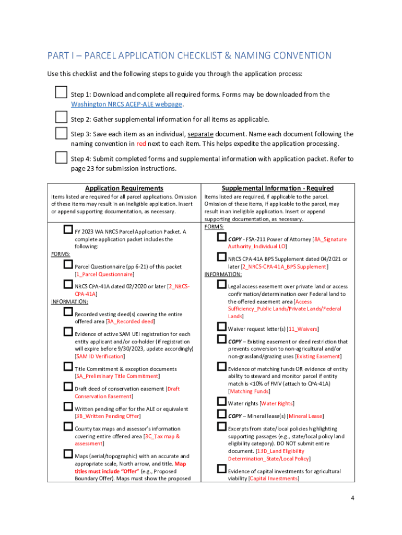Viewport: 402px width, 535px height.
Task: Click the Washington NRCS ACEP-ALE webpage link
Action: [x=126, y=104]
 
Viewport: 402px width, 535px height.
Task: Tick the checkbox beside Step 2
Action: [x=61, y=116]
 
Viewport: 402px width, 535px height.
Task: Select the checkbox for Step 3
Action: [x=61, y=133]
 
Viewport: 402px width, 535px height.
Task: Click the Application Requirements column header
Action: [x=124, y=188]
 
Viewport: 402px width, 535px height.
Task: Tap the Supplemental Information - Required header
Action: [x=277, y=188]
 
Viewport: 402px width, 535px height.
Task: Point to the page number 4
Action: [x=353, y=498]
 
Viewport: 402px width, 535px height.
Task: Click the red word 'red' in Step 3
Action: [x=141, y=143]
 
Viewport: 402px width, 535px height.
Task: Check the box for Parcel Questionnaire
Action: [x=68, y=265]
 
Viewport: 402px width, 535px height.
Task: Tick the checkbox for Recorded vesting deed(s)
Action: [x=68, y=312]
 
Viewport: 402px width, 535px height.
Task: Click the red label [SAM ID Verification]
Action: [x=100, y=356]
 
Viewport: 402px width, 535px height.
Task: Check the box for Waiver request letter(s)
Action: [x=221, y=327]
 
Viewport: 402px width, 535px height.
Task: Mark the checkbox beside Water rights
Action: [x=221, y=402]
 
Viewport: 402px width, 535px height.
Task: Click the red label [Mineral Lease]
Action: [x=305, y=416]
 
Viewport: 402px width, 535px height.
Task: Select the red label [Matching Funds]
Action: [x=249, y=391]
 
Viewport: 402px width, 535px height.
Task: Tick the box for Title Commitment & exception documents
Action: [x=68, y=367]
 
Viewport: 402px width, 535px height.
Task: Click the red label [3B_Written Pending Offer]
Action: [x=108, y=416]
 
